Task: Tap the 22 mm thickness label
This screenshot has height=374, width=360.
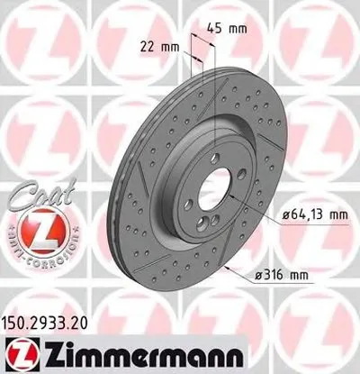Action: [159, 46]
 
